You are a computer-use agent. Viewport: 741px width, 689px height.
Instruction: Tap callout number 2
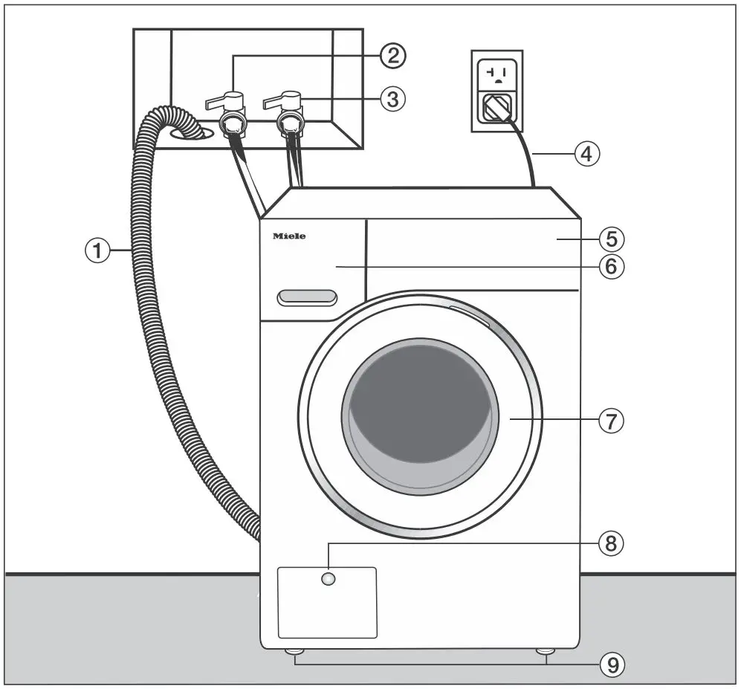point(392,54)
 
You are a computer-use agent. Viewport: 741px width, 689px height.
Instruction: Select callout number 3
point(392,99)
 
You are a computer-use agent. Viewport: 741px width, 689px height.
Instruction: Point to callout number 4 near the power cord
point(586,155)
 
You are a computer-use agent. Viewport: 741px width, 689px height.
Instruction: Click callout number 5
point(611,239)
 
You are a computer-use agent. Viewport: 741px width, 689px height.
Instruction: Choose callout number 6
point(611,266)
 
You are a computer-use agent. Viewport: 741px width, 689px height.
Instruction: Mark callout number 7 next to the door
point(611,421)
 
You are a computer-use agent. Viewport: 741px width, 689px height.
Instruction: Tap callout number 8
point(611,543)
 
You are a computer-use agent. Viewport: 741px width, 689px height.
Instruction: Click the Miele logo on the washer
point(289,236)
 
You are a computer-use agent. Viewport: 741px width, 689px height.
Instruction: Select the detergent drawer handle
point(306,298)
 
